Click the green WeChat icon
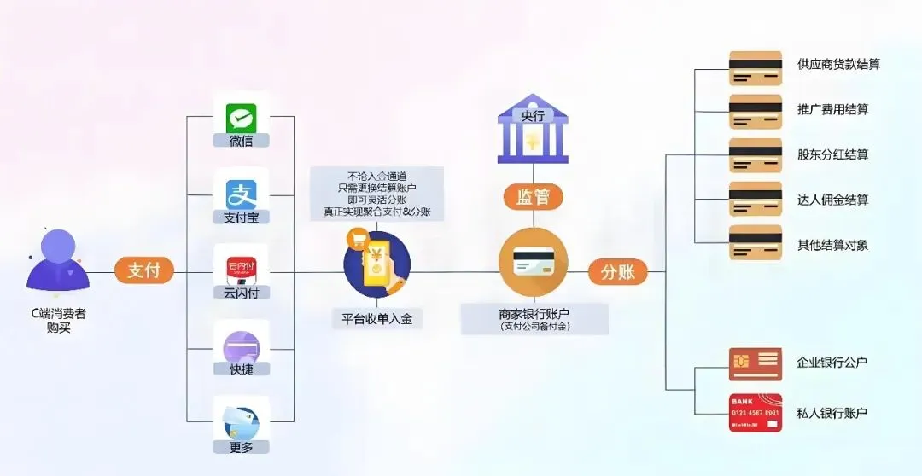(241, 118)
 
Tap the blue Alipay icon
(241, 194)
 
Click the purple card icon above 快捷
(241, 347)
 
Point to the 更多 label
(241, 447)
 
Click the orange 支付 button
(143, 271)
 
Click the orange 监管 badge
(534, 197)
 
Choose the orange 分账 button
(617, 272)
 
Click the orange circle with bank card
(534, 263)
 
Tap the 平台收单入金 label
(376, 319)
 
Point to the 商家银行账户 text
(534, 312)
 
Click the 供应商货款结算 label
(838, 65)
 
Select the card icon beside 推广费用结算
(756, 111)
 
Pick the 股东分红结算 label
(832, 155)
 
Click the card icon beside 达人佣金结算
(756, 199)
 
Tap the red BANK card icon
(756, 413)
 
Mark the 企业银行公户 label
(832, 363)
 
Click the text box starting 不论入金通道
(376, 194)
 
